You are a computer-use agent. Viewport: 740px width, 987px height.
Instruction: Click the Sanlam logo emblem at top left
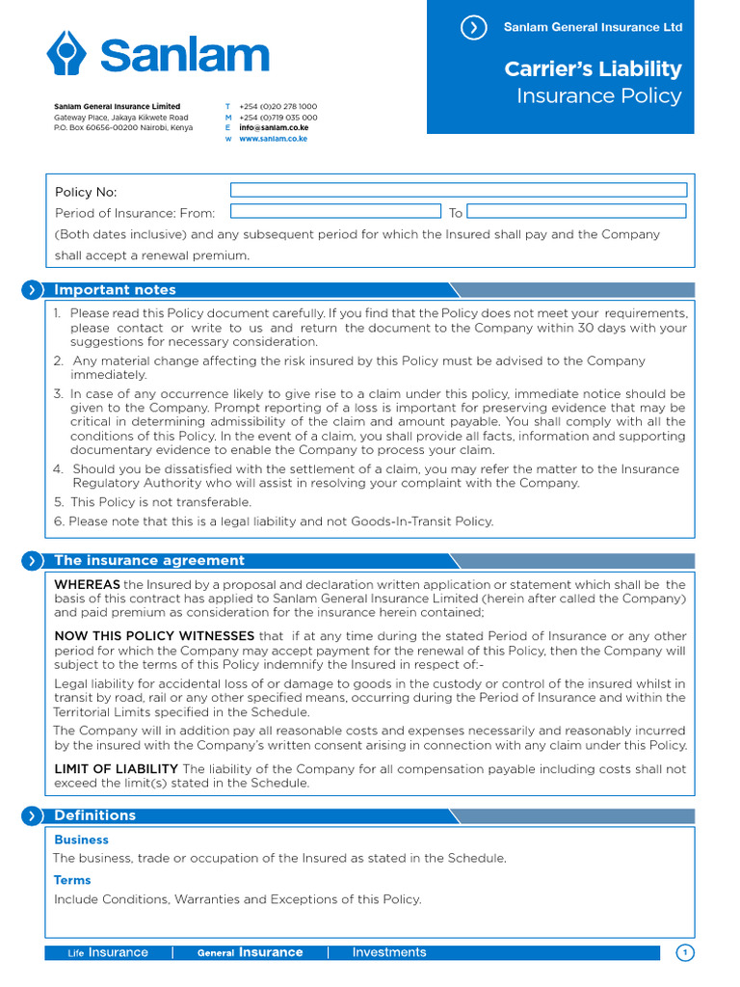67,53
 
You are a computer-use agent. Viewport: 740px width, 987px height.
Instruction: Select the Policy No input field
458,190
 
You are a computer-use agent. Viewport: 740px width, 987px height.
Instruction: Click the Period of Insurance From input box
335,211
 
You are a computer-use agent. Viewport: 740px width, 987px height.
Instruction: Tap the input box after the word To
576,211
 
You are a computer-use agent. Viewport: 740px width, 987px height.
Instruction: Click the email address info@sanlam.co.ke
274,127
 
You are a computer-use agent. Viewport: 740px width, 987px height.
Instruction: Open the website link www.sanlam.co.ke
274,139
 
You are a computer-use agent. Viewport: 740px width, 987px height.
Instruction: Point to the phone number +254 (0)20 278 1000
277,106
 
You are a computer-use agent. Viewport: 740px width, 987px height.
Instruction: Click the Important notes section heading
115,290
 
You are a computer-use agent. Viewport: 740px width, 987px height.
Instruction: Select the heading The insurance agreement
149,561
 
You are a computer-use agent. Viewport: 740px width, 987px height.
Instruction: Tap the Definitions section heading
94,815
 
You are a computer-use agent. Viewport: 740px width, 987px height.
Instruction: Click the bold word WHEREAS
87,585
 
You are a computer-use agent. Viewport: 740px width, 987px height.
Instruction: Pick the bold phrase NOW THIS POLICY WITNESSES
154,636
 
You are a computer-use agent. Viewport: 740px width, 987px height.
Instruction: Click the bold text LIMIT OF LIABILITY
116,768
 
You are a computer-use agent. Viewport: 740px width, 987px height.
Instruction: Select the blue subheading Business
81,840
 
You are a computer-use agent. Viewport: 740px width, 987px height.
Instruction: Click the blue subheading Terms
72,880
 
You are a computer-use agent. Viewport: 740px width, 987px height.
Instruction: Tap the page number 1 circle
685,953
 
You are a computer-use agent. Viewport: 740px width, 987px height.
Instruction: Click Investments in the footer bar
388,952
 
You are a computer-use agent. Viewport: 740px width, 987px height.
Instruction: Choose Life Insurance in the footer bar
108,953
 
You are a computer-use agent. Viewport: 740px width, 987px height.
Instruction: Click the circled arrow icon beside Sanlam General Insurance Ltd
473,28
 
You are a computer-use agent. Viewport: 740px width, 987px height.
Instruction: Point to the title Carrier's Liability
593,68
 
